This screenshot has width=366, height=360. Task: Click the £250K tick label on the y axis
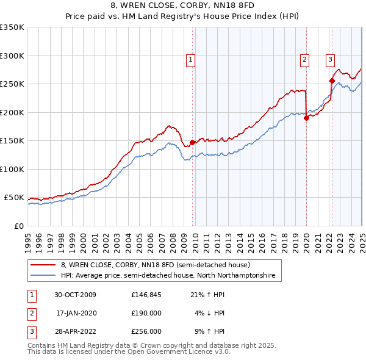(12, 84)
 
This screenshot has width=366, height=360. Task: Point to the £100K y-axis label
(12, 169)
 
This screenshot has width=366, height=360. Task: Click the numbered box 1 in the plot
(191, 60)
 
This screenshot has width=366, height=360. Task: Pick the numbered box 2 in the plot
(304, 60)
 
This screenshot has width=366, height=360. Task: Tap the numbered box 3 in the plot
(330, 60)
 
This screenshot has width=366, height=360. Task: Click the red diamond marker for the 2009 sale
(193, 142)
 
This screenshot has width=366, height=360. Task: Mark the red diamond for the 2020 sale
(306, 118)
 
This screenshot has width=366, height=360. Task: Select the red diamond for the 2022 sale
(332, 81)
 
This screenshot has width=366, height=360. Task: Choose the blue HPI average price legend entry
(168, 276)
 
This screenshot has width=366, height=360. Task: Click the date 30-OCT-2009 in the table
(75, 295)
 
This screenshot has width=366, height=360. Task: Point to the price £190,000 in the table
(146, 313)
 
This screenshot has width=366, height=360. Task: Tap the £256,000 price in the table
(146, 331)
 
